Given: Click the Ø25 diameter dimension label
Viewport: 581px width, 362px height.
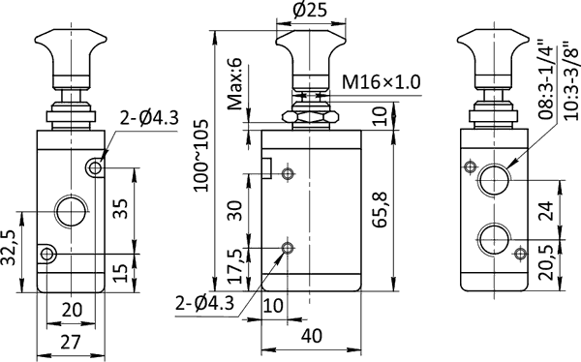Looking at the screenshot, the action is click(x=310, y=10).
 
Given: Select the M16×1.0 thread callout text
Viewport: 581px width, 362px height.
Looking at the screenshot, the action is click(x=382, y=82).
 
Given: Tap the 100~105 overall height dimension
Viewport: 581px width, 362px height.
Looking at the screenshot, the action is click(x=201, y=155).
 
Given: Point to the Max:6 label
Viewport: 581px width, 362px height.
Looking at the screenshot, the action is click(x=234, y=84).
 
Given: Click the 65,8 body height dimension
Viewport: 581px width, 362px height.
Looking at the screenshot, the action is click(x=381, y=210).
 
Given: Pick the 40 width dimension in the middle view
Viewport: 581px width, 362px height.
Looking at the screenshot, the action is click(x=312, y=336).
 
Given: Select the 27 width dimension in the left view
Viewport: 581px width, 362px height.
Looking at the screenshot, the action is click(x=71, y=342).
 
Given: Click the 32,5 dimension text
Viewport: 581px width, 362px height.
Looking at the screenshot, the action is click(x=9, y=248).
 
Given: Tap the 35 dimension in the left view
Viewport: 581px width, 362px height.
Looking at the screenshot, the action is click(x=120, y=209).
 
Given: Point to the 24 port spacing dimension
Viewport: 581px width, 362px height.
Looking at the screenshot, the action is click(x=545, y=210).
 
